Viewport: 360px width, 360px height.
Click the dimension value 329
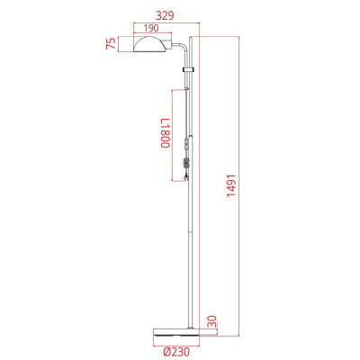[164, 15]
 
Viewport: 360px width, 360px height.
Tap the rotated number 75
[110, 45]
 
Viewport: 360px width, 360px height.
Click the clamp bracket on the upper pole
[187, 69]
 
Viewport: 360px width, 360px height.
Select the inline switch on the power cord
[186, 144]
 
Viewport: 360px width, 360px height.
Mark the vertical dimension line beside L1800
[173, 135]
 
